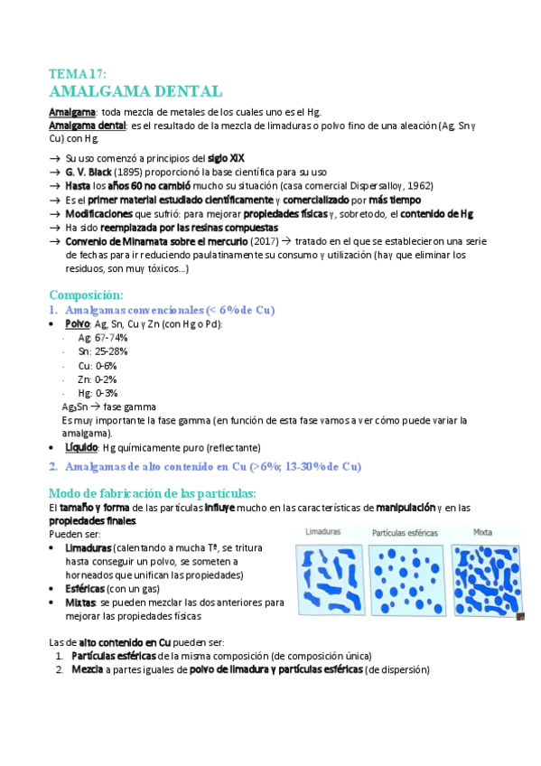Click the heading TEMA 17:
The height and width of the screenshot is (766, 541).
point(79,74)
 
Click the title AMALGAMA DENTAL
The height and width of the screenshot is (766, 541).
point(135,92)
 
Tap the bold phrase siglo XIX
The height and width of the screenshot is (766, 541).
point(225,158)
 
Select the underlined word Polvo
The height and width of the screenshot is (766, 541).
point(77,323)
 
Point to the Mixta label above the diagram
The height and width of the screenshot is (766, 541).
point(483,533)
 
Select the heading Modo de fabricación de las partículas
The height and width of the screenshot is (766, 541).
point(152,492)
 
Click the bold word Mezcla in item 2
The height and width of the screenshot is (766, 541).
point(86,670)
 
